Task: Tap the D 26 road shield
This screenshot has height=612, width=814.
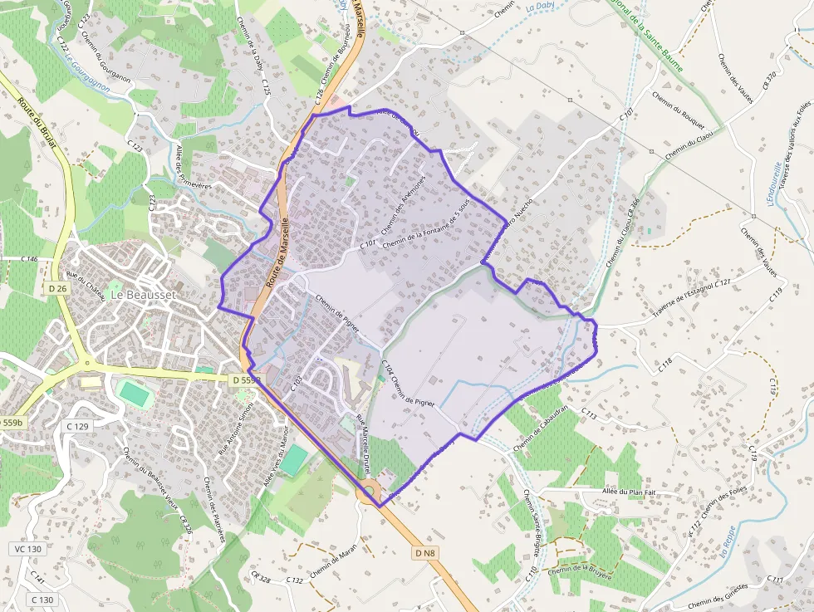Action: (56, 288)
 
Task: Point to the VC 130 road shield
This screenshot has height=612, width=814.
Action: (27, 549)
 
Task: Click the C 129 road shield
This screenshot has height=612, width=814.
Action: (76, 427)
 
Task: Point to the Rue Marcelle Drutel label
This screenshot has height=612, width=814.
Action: (363, 444)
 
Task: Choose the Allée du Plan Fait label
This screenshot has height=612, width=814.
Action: (629, 492)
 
